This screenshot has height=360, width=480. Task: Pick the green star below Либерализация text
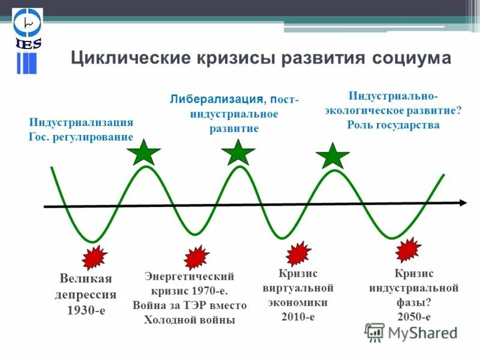pos(238,153)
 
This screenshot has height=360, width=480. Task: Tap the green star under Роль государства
pos(332,156)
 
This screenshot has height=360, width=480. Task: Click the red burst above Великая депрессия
pos(95,257)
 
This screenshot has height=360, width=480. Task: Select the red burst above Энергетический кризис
pos(196,257)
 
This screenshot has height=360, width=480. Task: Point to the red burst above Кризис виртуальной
pos(298,253)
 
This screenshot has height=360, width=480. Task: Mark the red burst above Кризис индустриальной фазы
pos(408,250)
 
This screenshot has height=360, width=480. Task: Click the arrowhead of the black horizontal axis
pos(463,203)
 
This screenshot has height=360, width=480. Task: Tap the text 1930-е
pos(86,311)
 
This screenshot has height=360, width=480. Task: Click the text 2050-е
pos(413,317)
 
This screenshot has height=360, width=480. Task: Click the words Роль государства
pos(393,125)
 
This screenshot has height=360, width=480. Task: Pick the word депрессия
pos(86,295)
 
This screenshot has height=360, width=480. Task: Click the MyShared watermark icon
pos(375,332)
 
